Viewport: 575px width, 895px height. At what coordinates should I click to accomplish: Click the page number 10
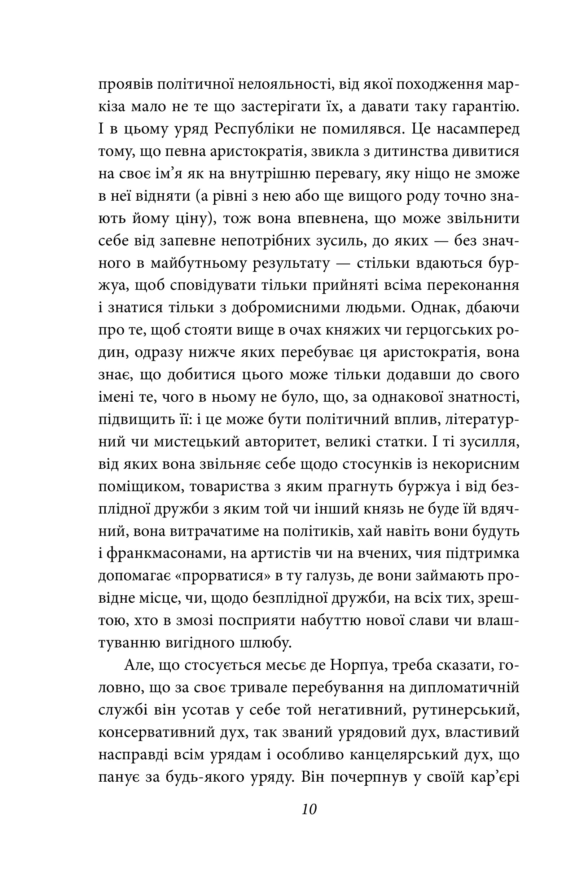(x=309, y=809)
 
